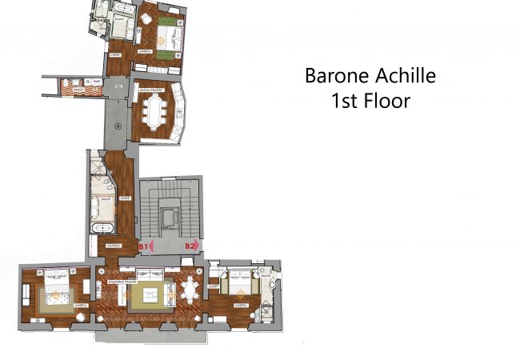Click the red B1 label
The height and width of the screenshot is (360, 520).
(144, 246)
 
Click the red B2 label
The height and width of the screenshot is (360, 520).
(190, 246)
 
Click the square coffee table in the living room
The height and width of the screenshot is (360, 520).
(149, 297)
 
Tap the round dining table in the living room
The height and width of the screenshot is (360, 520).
(190, 290)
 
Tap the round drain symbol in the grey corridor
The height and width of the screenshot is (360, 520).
(118, 126)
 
